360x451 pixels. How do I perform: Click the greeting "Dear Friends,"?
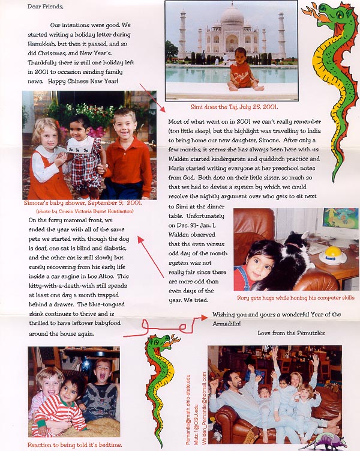point(45,7)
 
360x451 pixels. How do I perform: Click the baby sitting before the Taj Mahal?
point(242,69)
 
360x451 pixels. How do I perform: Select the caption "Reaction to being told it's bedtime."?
point(74,444)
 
